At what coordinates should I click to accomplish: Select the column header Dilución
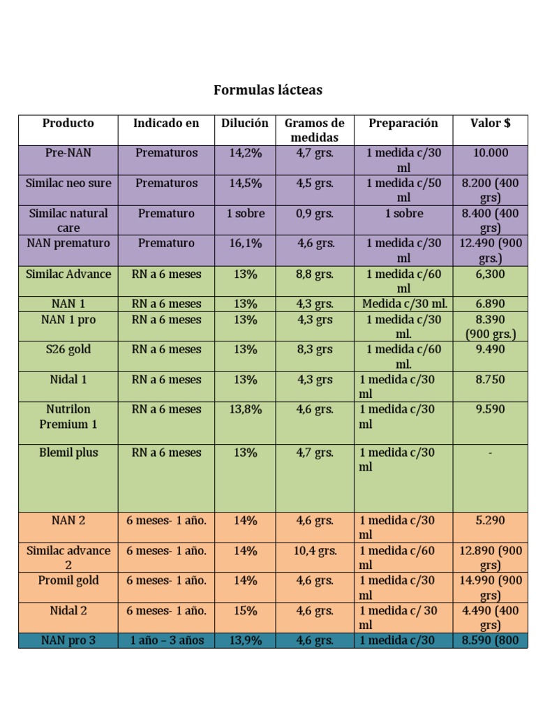click(x=245, y=124)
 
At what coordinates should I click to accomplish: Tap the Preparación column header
click(x=403, y=124)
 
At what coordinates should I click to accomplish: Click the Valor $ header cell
click(x=490, y=124)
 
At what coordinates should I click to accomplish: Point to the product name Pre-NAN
click(x=68, y=153)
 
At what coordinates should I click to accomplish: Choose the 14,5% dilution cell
click(x=245, y=183)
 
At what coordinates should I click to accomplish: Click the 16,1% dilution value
click(x=245, y=244)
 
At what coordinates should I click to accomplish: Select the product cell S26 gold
click(x=68, y=349)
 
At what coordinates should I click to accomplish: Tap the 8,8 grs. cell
click(x=314, y=274)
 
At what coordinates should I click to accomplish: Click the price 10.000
click(x=490, y=153)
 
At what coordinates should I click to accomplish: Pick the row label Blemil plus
click(x=68, y=452)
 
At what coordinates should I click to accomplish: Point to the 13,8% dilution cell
click(x=245, y=409)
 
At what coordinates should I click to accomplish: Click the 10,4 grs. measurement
click(x=314, y=551)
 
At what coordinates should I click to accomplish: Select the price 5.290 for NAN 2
click(x=490, y=520)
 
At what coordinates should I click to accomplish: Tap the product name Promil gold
click(x=68, y=580)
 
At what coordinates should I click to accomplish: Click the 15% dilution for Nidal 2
click(x=245, y=610)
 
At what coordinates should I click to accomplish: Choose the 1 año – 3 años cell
click(x=166, y=640)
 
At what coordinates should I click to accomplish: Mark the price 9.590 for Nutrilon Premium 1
click(x=490, y=409)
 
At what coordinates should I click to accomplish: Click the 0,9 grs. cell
click(x=314, y=214)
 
